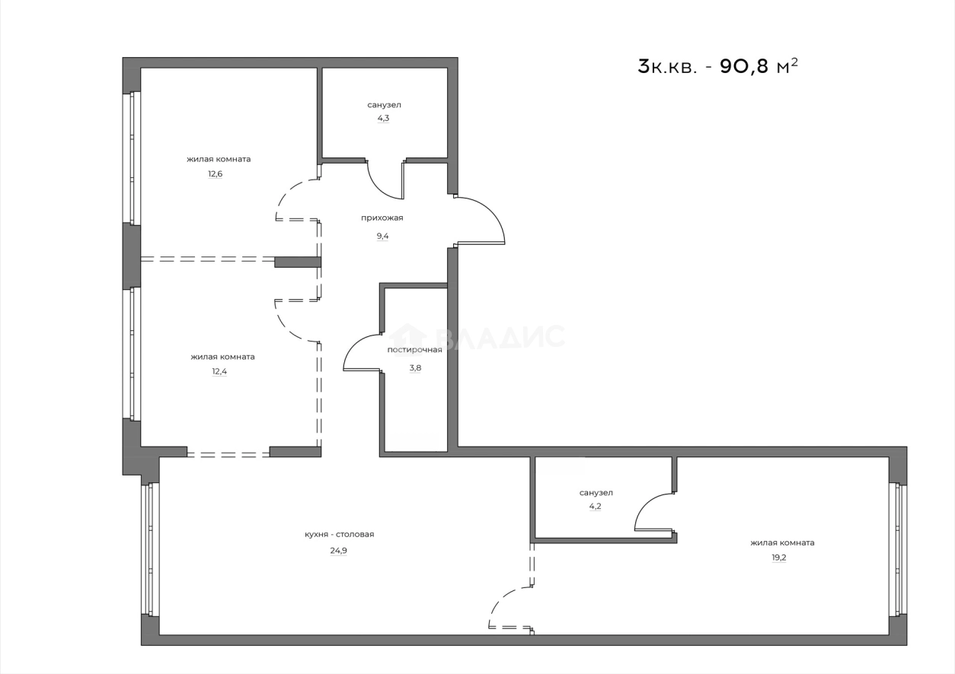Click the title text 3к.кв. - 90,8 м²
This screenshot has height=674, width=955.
[717, 67]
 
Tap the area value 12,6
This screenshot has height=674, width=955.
[216, 174]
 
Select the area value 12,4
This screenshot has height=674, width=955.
[219, 372]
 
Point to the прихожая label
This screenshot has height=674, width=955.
[382, 218]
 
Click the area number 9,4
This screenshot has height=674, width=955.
[381, 236]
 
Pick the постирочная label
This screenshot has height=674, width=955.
[414, 350]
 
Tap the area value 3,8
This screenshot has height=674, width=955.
[415, 367]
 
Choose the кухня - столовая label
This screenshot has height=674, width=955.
[339, 534]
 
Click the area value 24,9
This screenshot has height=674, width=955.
[339, 552]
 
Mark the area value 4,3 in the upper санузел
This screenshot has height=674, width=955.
[383, 119]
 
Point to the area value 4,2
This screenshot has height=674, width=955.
[595, 506]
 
